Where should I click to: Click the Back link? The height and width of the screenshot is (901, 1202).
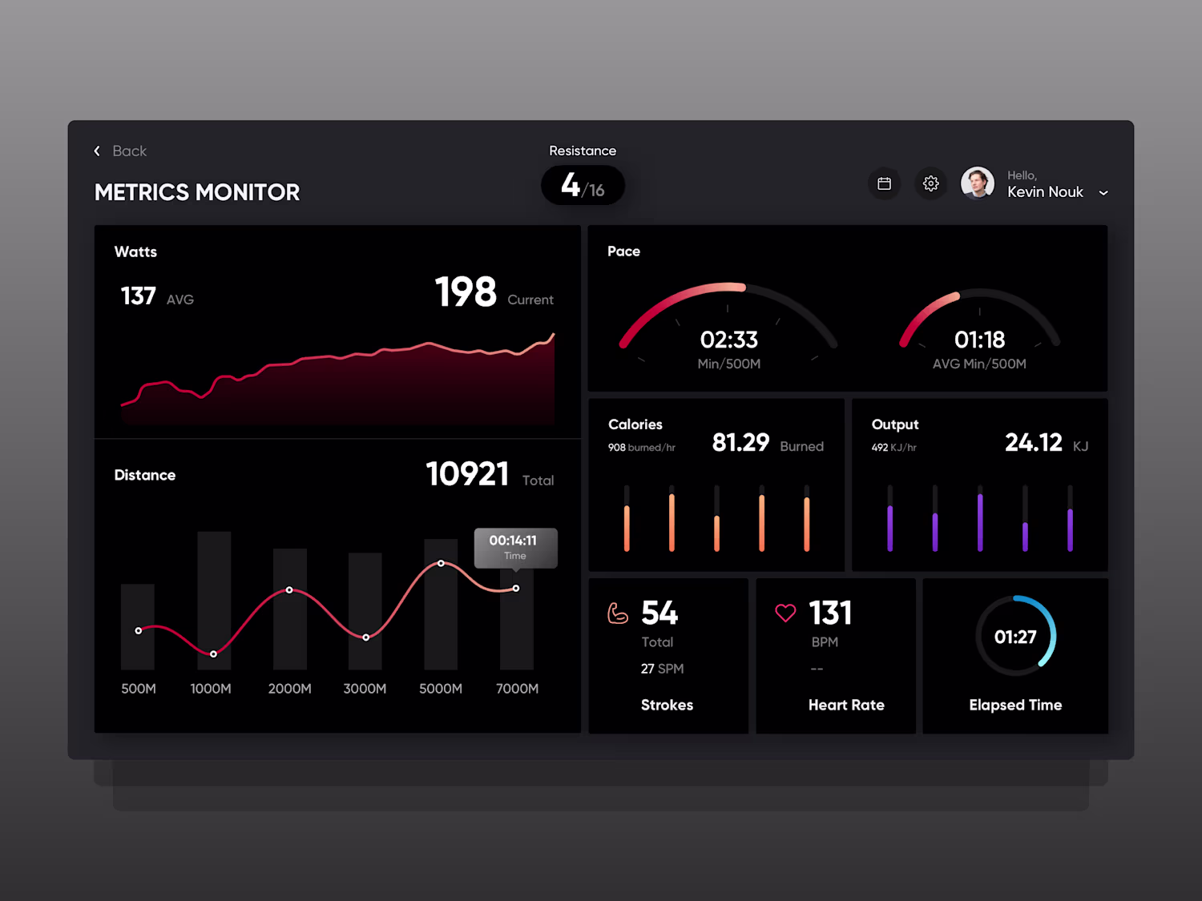pos(121,151)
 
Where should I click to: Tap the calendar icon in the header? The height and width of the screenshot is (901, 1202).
pos(884,184)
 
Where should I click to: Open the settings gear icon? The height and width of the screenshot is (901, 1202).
pos(930,184)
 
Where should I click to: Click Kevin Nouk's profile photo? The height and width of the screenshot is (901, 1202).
pos(977,183)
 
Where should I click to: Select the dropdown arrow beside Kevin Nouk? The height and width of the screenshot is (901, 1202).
pos(1103,193)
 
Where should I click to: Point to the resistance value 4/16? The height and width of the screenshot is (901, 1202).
pos(583,186)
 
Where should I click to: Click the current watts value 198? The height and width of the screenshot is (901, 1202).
pos(466,292)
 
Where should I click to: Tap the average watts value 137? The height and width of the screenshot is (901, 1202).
pos(138,296)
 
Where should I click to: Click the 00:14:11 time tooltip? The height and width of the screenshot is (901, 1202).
pos(514,547)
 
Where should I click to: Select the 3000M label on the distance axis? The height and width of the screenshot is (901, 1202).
pos(365,689)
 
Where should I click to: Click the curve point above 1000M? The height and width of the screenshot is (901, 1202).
pos(213,654)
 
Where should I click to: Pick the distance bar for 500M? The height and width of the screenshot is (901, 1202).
pos(138,626)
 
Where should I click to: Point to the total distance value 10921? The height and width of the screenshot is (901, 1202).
pos(467,474)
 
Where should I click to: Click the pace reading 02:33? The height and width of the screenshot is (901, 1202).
pos(728,340)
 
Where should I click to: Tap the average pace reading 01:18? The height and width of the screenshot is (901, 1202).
pos(979,340)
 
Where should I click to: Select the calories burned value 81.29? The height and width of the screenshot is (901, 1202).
pos(740,443)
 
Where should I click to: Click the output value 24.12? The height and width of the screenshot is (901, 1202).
pos(1033,443)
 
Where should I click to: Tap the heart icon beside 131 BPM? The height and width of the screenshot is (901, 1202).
pos(785,613)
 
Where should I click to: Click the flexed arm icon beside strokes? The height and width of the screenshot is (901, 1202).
pos(618,613)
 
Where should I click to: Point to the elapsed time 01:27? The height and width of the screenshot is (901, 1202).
pos(1015,638)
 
